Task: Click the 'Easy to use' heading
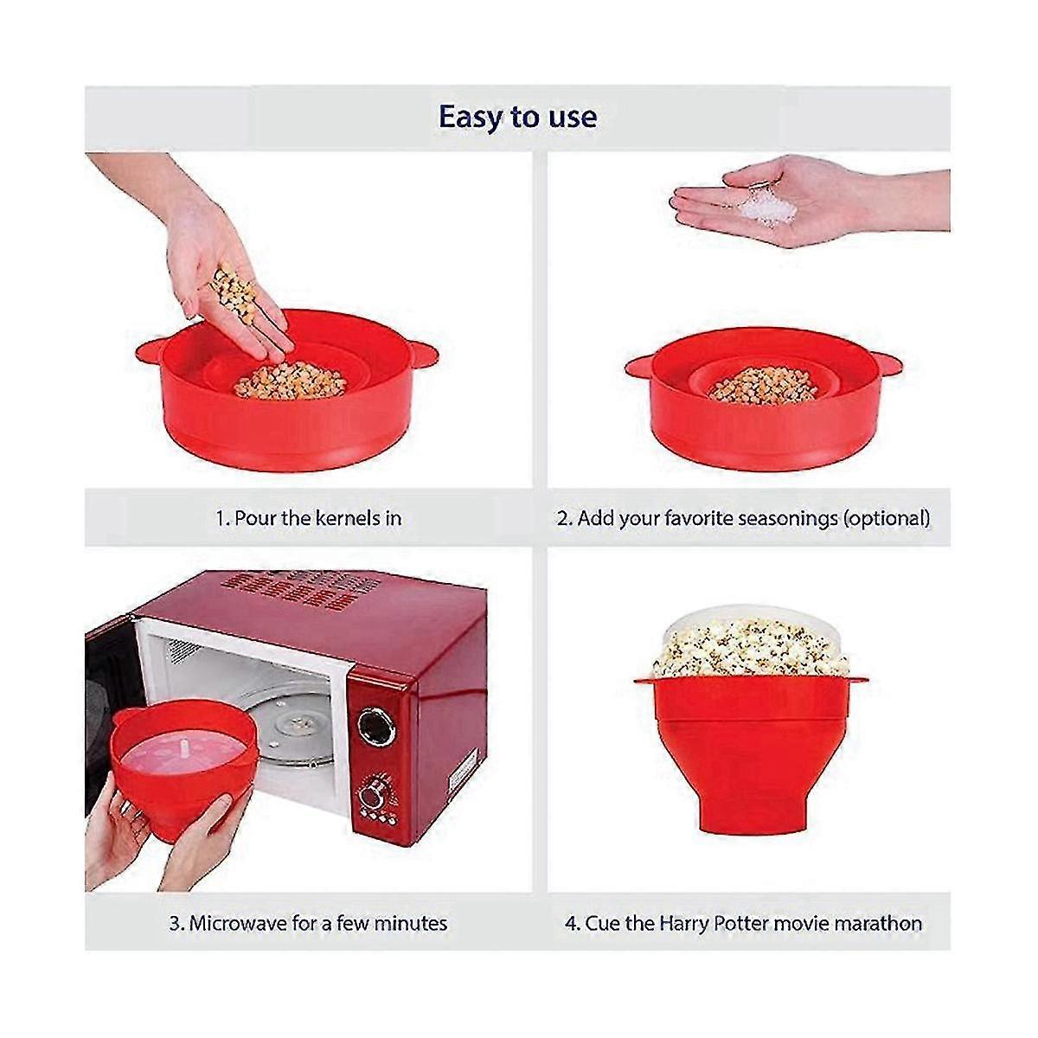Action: pos(517,117)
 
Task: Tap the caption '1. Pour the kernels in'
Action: pos(308,518)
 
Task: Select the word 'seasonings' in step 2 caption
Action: pos(784,518)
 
